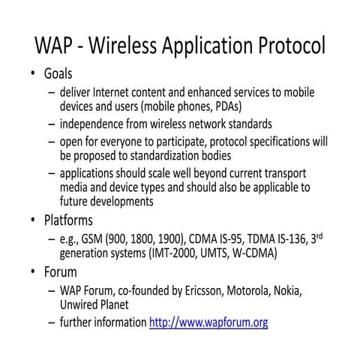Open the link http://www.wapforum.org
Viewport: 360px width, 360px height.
[208, 323]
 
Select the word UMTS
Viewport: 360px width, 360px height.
[214, 253]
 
